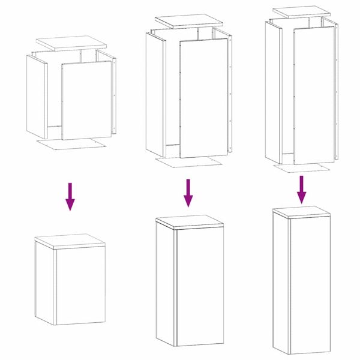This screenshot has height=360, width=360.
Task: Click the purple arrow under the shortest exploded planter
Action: pos(70,196)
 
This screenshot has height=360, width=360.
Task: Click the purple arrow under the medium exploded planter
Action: pos(188,193)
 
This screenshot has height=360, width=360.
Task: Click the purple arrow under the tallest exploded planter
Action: pos(302,189)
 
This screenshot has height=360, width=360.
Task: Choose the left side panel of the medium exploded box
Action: pos(155,91)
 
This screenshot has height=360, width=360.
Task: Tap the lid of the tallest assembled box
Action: pos(301,211)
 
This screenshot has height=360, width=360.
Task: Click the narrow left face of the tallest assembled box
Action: pos(280,282)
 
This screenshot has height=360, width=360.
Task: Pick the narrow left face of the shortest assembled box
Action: pos(45,282)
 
